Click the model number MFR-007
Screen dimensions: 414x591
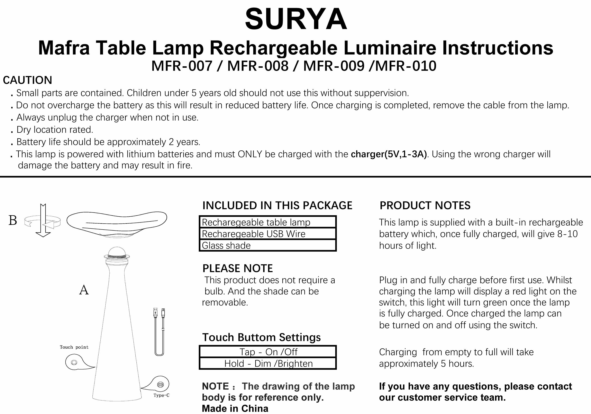[182, 66]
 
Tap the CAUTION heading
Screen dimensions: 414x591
[28, 80]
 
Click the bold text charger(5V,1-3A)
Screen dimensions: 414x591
[389, 154]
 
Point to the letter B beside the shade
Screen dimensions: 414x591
[13, 221]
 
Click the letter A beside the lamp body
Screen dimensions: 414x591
[84, 290]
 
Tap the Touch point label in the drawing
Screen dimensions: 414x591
[74, 347]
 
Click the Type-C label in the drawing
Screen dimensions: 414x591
[161, 395]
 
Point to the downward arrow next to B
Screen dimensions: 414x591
[43, 221]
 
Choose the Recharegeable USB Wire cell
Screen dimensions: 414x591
[268, 234]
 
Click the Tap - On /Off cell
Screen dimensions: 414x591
[268, 352]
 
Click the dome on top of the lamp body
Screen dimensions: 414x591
[117, 251]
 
